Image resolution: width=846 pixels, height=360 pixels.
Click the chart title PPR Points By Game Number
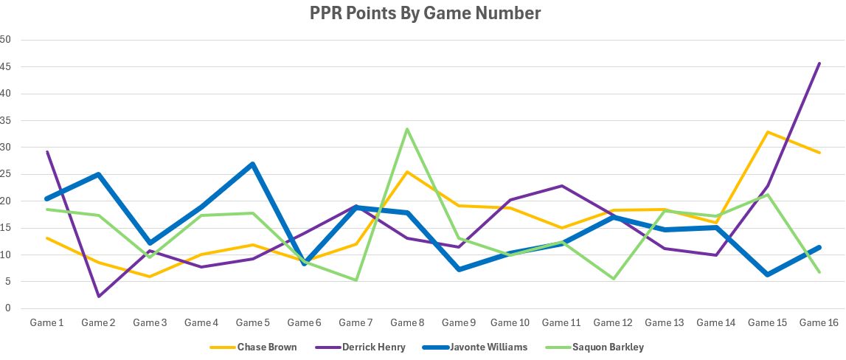point(423,13)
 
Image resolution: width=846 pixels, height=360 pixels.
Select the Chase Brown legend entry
point(266,347)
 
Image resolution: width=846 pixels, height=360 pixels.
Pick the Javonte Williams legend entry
point(488,347)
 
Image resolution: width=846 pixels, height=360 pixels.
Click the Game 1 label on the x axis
point(46,322)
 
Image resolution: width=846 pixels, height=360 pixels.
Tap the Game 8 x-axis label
point(407,322)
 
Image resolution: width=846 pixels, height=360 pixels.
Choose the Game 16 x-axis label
point(819,322)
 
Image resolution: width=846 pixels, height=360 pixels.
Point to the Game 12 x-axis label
point(613,322)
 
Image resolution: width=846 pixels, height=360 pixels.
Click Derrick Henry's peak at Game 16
point(819,63)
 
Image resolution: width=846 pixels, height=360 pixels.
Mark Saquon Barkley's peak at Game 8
point(407,129)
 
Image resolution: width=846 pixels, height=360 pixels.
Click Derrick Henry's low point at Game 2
point(97,297)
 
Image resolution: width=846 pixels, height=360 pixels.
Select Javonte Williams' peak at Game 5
point(252,164)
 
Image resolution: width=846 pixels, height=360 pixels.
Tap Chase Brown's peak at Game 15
point(768,132)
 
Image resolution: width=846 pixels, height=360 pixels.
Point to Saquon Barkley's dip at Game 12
point(613,279)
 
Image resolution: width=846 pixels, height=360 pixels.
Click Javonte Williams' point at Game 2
point(97,174)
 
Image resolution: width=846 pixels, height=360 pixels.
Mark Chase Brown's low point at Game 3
point(149,277)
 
